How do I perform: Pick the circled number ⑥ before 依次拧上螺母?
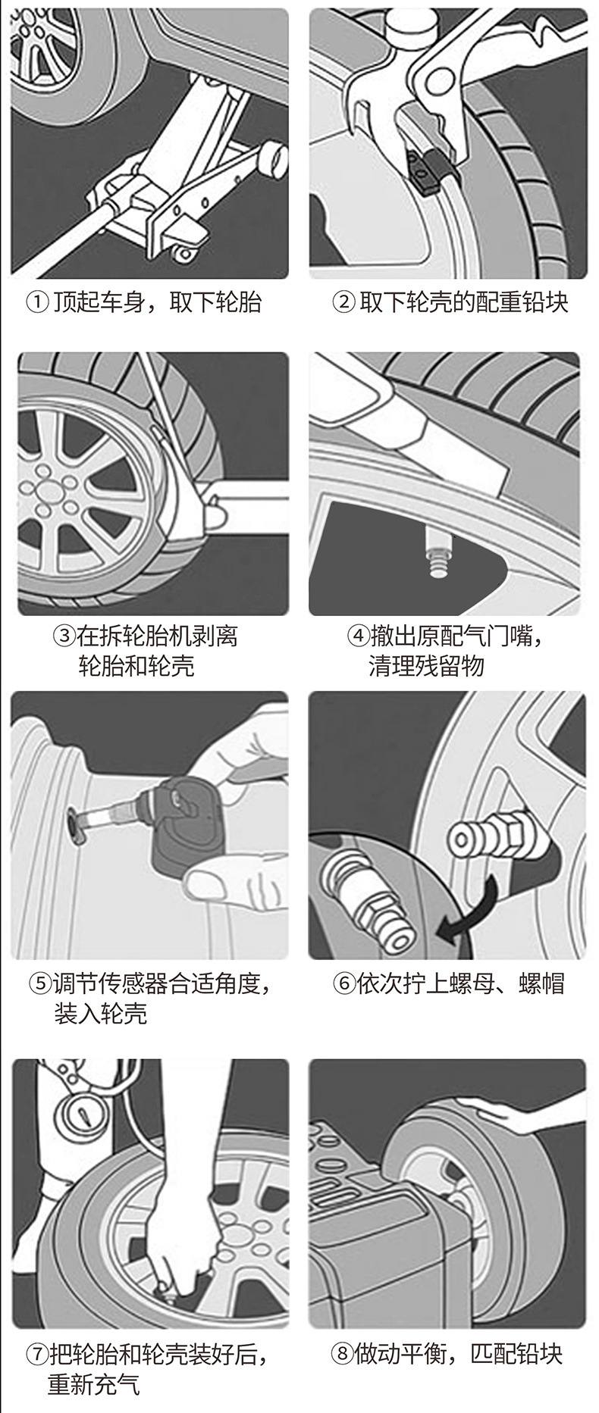click(x=344, y=984)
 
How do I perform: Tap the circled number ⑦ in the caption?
click(x=36, y=1354)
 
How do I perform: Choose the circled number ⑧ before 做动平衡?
click(x=343, y=1354)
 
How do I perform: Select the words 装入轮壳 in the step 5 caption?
click(x=100, y=1014)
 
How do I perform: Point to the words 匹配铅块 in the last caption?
click(x=516, y=1354)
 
